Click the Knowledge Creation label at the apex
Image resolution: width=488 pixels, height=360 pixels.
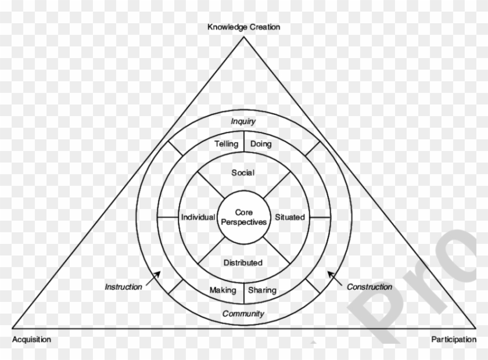tap(244, 27)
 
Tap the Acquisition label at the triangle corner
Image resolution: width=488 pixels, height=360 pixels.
tap(31, 339)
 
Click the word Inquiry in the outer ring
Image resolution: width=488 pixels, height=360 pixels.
tap(243, 121)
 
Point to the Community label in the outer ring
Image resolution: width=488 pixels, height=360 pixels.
tap(243, 314)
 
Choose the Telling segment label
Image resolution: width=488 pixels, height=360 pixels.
tap(226, 144)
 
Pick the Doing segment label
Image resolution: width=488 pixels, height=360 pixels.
tap(261, 144)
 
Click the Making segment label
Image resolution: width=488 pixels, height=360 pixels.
tap(223, 290)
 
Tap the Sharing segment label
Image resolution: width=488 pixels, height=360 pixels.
tap(263, 290)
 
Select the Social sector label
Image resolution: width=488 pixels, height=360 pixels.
tap(243, 172)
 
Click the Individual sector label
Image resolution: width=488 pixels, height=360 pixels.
tap(198, 217)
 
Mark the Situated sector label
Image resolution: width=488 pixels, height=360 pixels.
tap(289, 217)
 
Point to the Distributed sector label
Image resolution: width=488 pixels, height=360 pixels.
tap(243, 262)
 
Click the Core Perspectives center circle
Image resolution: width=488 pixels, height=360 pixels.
tap(244, 217)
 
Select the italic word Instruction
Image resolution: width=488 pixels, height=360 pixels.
tap(123, 287)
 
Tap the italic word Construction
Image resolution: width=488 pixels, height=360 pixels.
tap(369, 287)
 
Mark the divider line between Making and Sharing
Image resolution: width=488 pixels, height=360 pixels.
tap(244, 291)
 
